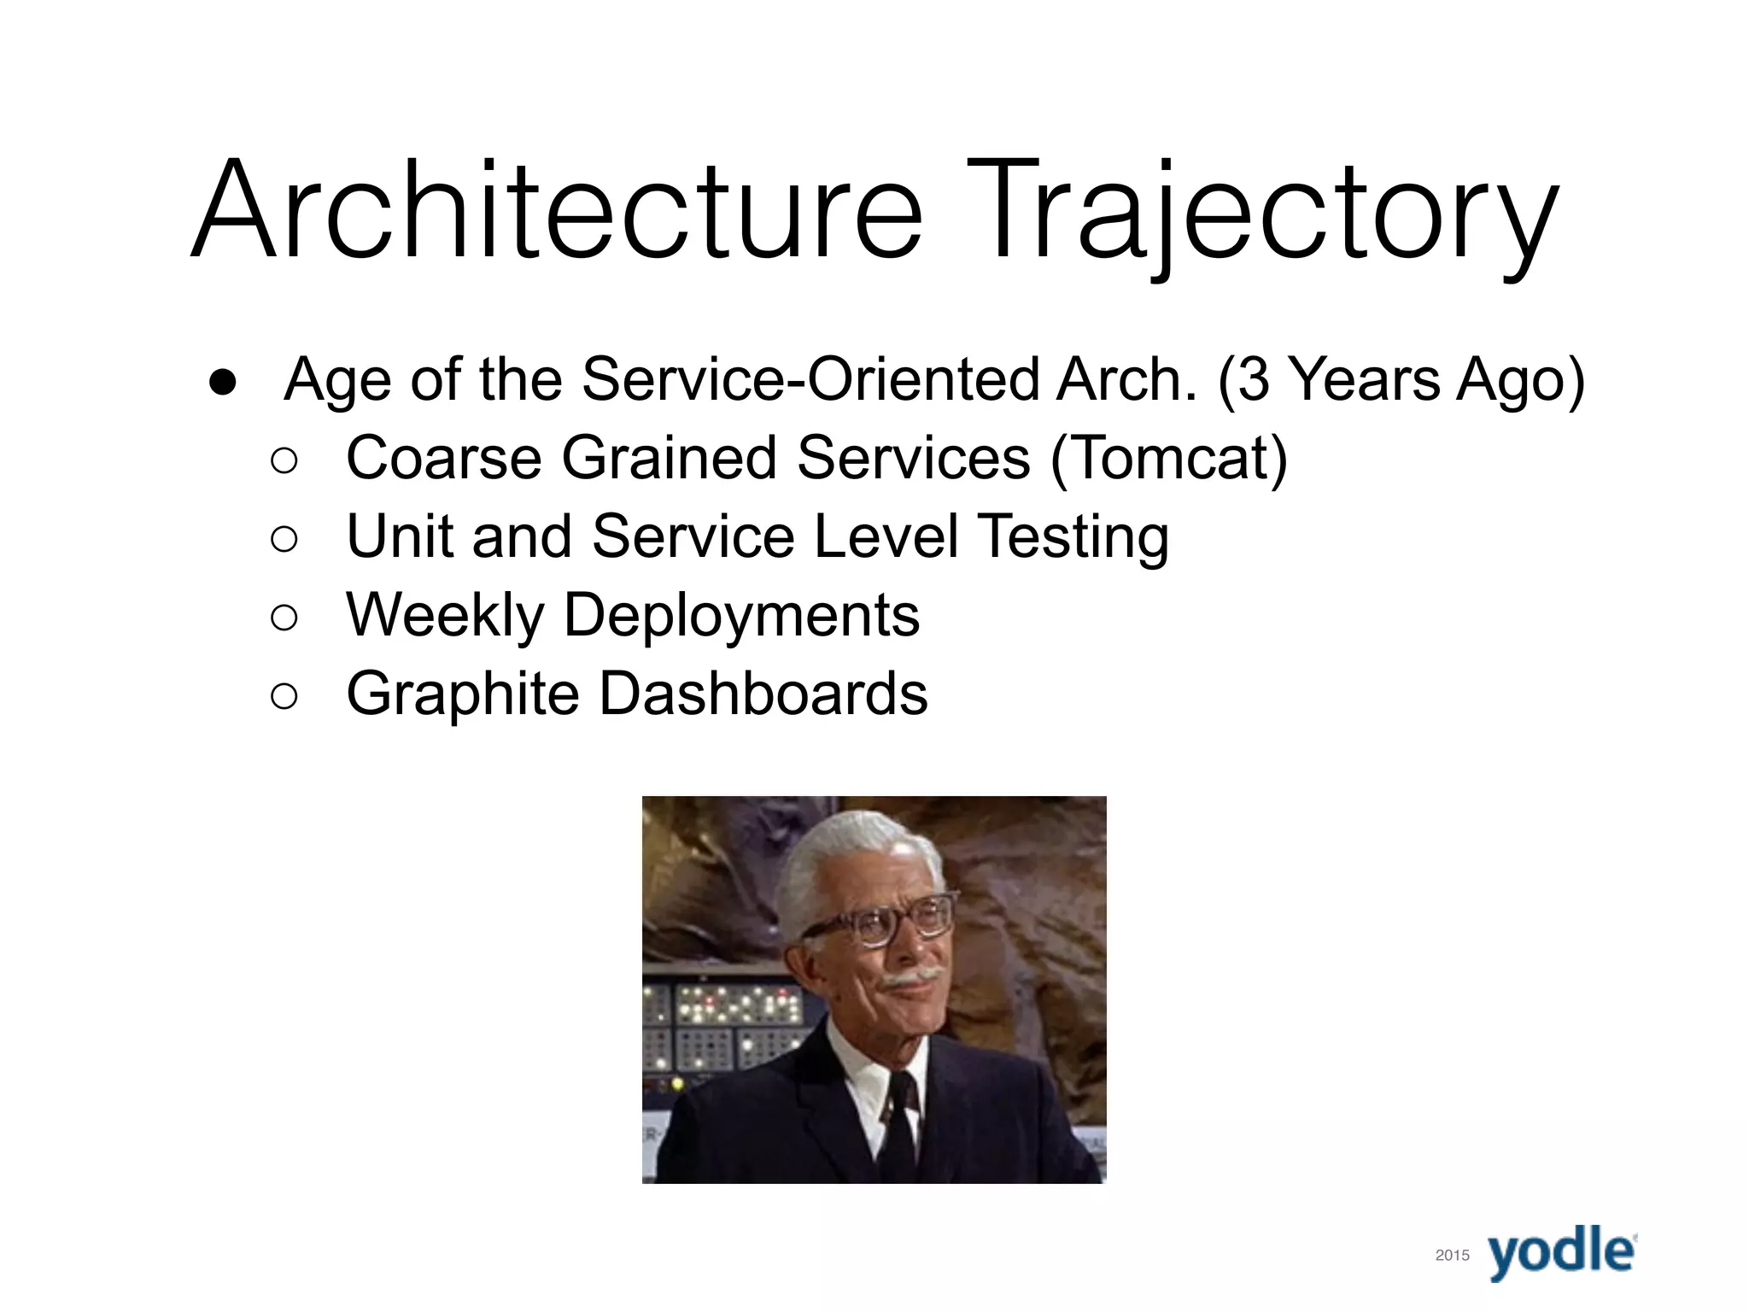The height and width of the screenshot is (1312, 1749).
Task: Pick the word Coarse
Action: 443,459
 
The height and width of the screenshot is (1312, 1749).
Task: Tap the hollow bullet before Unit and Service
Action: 284,539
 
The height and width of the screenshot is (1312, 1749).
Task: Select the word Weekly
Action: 444,616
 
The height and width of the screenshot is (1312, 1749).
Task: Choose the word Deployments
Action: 741,616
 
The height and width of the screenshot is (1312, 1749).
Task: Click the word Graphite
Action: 462,694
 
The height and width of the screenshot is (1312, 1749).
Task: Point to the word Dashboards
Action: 763,694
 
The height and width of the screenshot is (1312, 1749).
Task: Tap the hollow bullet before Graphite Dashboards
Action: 284,695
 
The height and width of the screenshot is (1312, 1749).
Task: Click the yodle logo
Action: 1562,1253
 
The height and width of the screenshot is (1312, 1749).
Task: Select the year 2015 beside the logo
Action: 1452,1255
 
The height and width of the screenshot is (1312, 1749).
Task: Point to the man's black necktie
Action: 899,1119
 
